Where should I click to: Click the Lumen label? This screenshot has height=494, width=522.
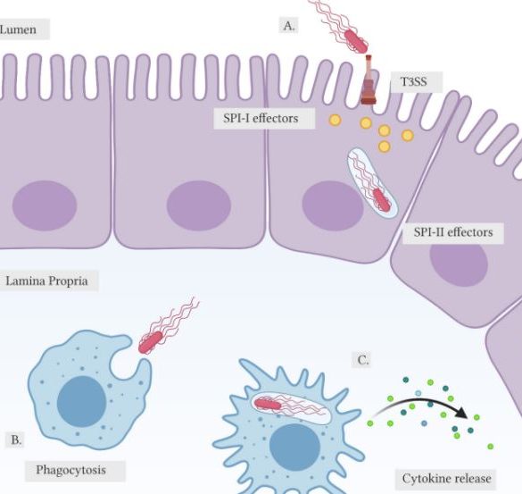point(18,29)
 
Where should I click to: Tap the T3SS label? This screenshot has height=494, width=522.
point(413,81)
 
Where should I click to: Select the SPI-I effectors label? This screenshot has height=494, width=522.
point(261,118)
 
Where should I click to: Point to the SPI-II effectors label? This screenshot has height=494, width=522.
point(453,232)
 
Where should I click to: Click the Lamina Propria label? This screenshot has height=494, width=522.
point(47,281)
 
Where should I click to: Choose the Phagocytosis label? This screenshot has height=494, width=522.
point(70,470)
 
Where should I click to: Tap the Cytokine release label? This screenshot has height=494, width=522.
point(446,479)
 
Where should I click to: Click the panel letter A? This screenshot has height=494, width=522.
point(289,26)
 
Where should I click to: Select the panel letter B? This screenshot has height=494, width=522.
point(16,440)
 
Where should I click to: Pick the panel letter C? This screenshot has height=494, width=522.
point(363,360)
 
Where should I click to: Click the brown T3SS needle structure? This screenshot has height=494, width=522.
point(369,80)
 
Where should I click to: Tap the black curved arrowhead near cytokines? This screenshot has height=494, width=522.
point(461,413)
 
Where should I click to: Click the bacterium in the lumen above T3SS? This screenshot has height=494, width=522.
point(356,41)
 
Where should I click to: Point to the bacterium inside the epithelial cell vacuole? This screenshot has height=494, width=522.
point(381,200)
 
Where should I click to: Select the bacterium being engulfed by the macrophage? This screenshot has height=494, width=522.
point(151,342)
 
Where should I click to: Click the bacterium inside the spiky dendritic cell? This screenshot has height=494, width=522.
point(268,405)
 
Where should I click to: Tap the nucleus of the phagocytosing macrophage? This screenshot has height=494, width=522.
point(81,401)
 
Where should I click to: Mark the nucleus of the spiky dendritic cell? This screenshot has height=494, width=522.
point(294,447)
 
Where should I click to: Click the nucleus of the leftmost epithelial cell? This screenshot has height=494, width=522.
point(45,205)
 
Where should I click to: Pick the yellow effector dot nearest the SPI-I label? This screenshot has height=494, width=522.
point(335,120)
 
